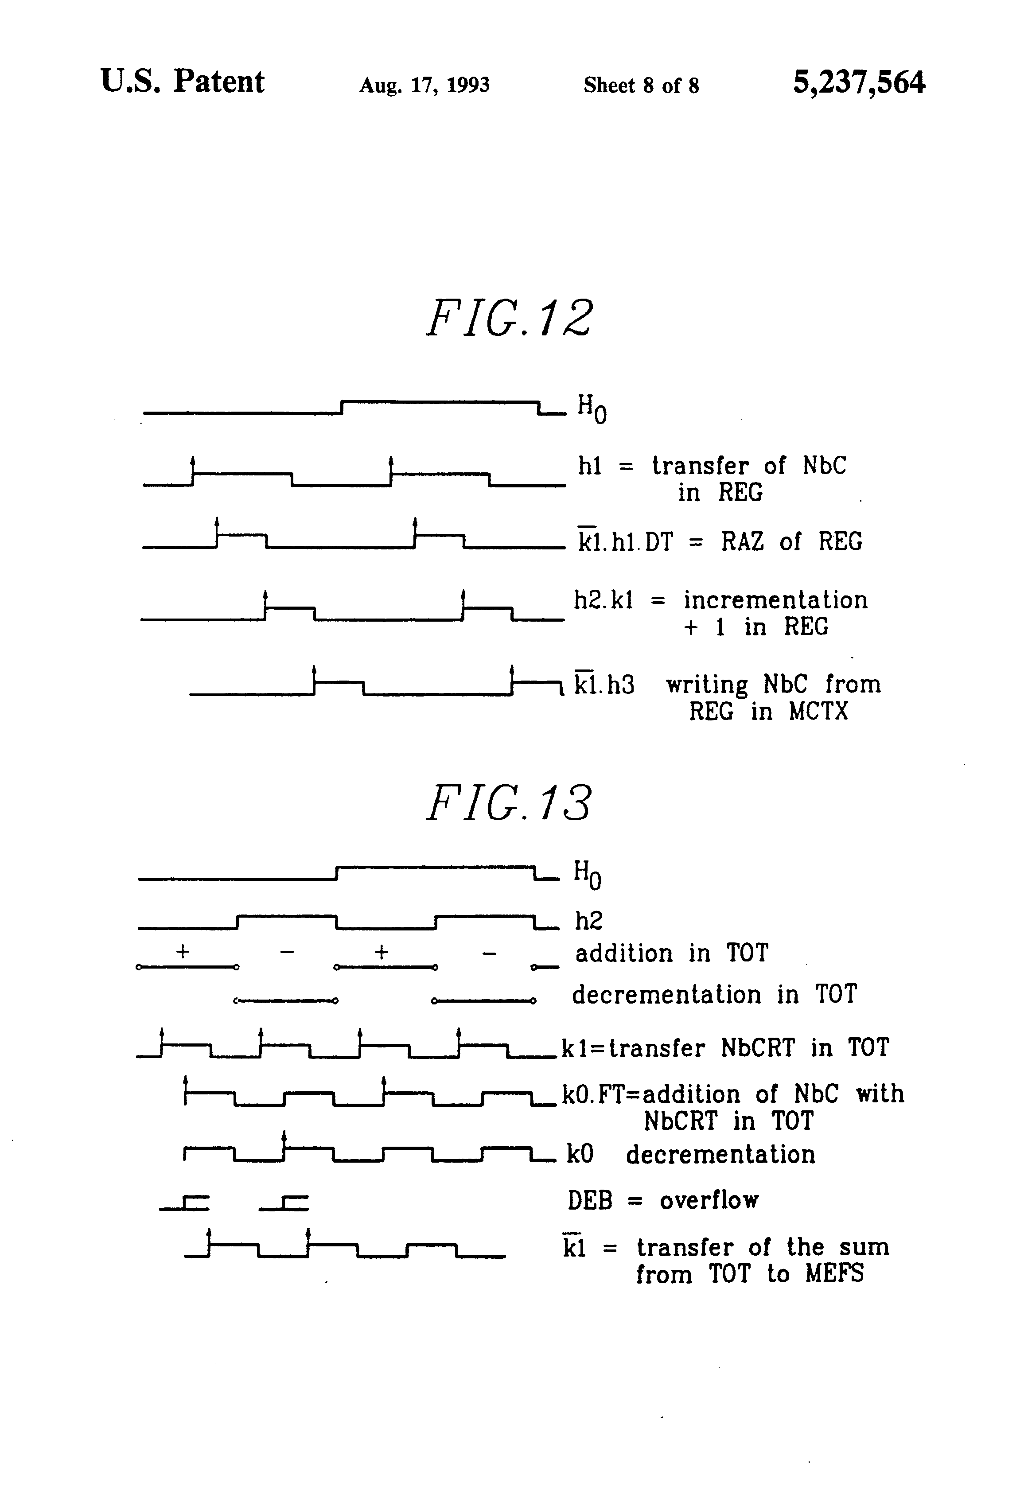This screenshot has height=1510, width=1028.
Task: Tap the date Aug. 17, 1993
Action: (x=424, y=85)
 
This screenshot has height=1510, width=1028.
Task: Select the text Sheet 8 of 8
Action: (x=641, y=85)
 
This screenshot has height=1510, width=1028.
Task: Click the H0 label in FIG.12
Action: (x=592, y=409)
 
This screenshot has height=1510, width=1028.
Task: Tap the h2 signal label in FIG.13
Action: (x=588, y=921)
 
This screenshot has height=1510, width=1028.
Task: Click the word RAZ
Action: (x=742, y=541)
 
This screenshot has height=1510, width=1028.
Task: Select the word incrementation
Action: (x=775, y=600)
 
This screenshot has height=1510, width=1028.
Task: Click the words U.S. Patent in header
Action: (x=183, y=82)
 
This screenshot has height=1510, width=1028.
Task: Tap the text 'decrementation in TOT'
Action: (x=714, y=995)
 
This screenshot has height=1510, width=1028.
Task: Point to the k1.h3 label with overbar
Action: (x=604, y=684)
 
